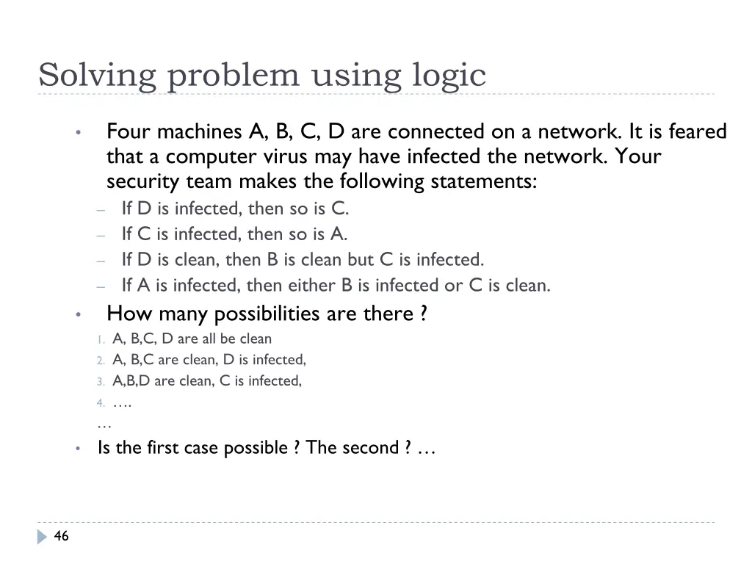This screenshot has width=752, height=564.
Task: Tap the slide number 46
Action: pos(62,537)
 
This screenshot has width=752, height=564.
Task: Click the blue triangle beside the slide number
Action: pos(42,537)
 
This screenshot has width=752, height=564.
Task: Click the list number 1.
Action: pos(100,339)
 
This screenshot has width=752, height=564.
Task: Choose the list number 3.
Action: pos(100,382)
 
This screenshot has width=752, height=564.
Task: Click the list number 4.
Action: pos(100,403)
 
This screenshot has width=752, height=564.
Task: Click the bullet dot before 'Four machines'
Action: pos(78,133)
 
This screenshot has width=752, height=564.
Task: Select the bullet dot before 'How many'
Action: pos(78,315)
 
